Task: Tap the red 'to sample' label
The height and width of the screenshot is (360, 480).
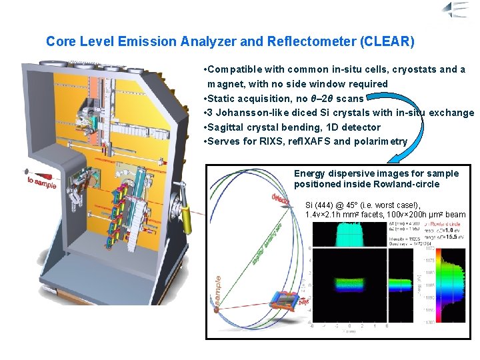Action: click(41, 181)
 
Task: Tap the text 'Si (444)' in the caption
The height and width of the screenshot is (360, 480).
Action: click(323, 205)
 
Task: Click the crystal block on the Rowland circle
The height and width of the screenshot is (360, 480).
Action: click(283, 303)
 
